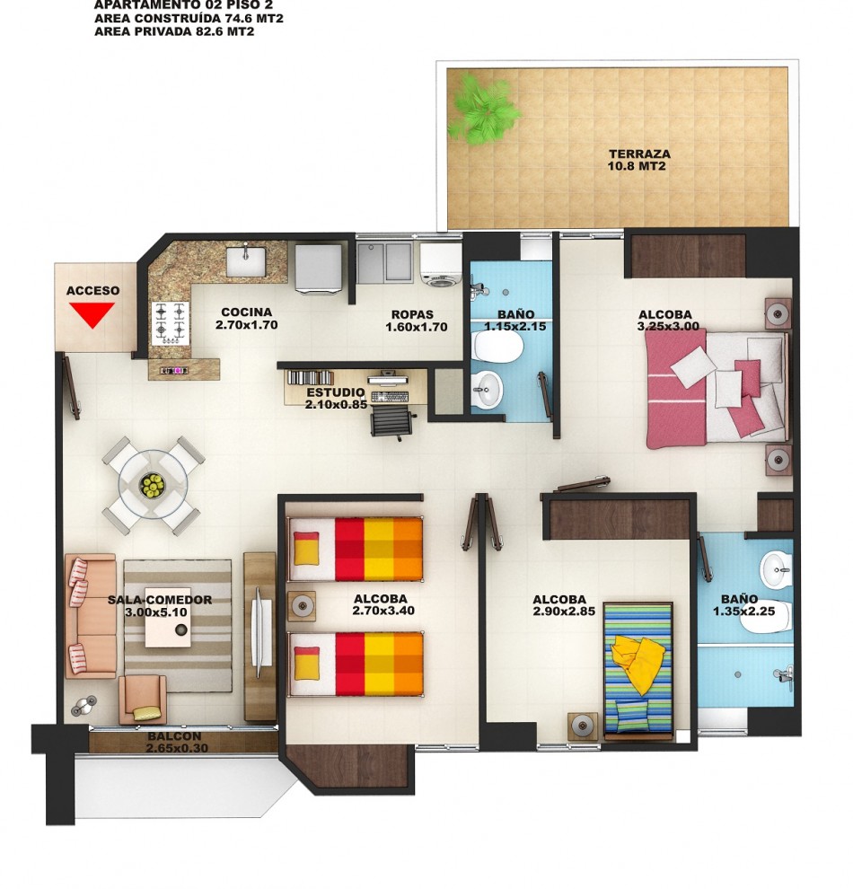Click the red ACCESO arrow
[x=92, y=314]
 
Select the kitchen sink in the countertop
[x=245, y=260]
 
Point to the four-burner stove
[x=170, y=323]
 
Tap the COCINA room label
[x=247, y=312]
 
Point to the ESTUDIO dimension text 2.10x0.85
[x=336, y=404]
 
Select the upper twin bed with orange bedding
[x=356, y=549]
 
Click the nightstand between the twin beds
[x=302, y=606]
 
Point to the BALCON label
[x=174, y=736]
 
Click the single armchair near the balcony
[x=142, y=699]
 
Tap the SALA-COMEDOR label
[x=160, y=600]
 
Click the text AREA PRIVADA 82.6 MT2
[x=174, y=31]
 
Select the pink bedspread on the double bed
[x=676, y=387]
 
